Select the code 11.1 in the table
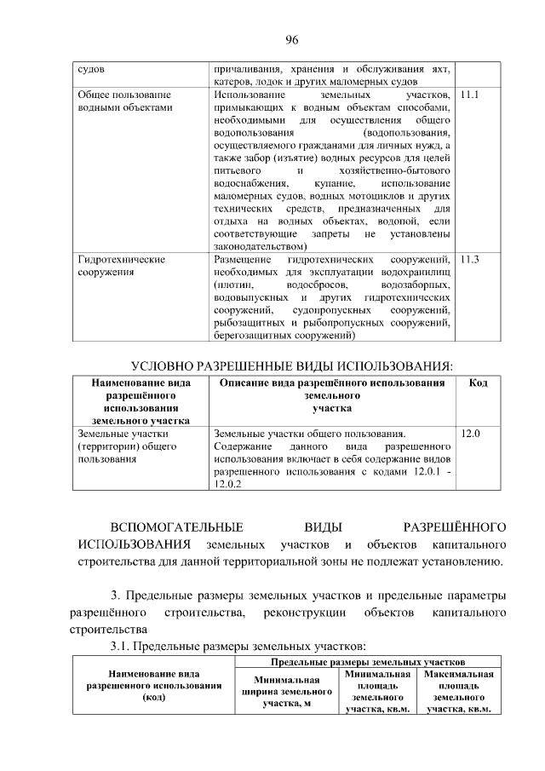click(x=469, y=96)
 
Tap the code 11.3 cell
click(x=469, y=259)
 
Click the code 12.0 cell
click(x=470, y=434)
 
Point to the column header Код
click(x=478, y=384)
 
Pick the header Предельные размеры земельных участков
click(x=367, y=661)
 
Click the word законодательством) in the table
click(x=261, y=245)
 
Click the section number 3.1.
click(x=122, y=647)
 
